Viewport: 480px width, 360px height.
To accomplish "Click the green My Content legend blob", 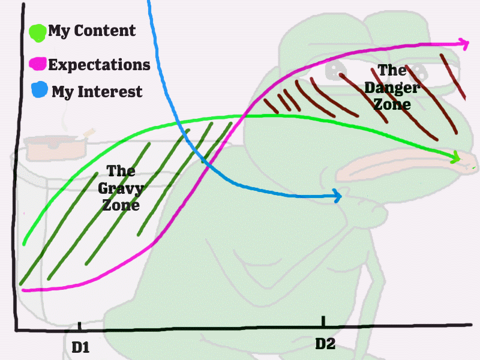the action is coord(38,33).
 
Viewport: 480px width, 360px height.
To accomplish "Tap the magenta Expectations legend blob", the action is coord(38,64).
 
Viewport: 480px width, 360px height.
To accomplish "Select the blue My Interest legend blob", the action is coord(40,89).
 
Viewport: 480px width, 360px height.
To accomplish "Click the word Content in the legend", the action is coord(104,31).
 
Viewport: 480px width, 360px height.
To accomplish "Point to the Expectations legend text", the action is coord(99,65).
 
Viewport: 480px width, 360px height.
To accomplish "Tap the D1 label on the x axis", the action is coord(80,347).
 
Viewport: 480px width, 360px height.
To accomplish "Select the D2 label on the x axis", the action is coord(325,343).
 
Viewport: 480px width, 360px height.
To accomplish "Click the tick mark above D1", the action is coord(80,326).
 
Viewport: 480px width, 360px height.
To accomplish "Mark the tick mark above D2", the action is coord(323,321).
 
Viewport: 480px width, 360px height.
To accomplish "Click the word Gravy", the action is coord(121,189).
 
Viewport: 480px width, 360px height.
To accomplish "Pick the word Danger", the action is coord(392,88).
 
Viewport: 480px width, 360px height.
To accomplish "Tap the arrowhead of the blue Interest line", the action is coord(337,196).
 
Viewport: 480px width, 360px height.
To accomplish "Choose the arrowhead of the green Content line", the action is coord(455,157).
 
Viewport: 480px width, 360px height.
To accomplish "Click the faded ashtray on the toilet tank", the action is coord(55,148).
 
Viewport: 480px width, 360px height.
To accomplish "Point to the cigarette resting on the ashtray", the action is coord(89,133).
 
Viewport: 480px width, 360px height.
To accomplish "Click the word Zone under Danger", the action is coord(392,104).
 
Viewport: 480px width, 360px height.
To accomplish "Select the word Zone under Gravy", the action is coord(121,205).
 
